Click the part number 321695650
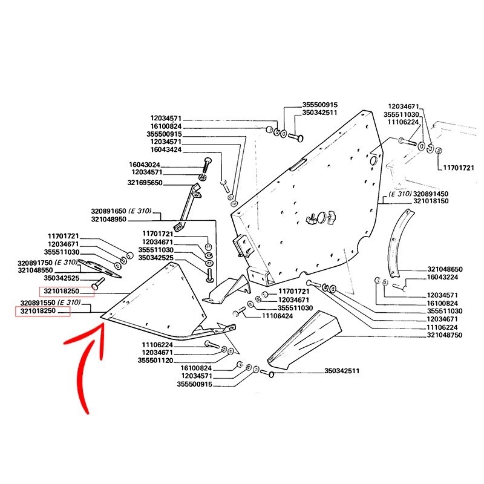145,183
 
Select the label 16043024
145,164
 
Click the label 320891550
38,302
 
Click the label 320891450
431,193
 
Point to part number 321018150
431,201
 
